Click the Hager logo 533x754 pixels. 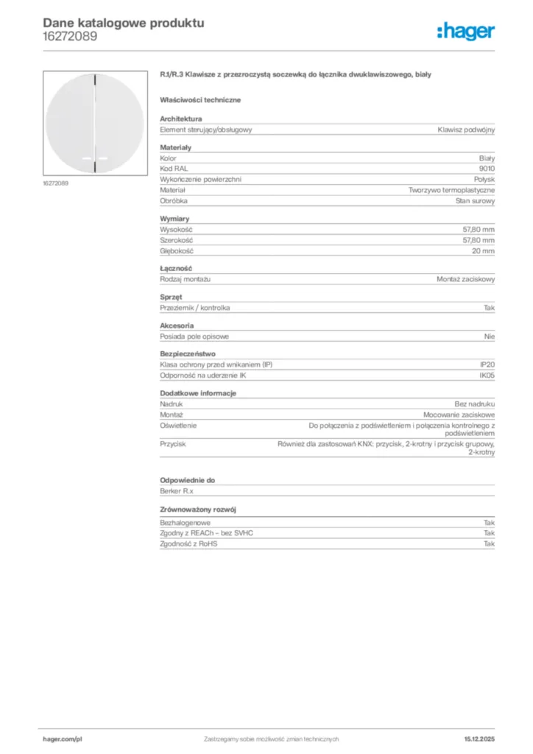pyautogui.click(x=465, y=31)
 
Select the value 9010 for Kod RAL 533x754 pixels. pyautogui.click(x=487, y=169)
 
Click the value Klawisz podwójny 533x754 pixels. pyautogui.click(x=465, y=130)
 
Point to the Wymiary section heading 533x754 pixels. pyautogui.click(x=175, y=219)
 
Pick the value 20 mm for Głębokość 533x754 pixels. pyautogui.click(x=483, y=251)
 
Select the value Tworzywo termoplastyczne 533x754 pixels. pyautogui.click(x=451, y=190)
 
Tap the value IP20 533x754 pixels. pyautogui.click(x=487, y=365)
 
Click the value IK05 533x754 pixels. pyautogui.click(x=487, y=376)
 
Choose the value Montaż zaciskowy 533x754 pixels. pyautogui.click(x=465, y=280)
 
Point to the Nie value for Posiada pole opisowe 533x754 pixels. pyautogui.click(x=489, y=337)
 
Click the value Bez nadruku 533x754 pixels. pyautogui.click(x=475, y=404)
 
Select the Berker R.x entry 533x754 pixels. pyautogui.click(x=177, y=491)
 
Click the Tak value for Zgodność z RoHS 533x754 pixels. pyautogui.click(x=489, y=543)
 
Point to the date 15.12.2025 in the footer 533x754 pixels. pyautogui.click(x=479, y=739)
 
